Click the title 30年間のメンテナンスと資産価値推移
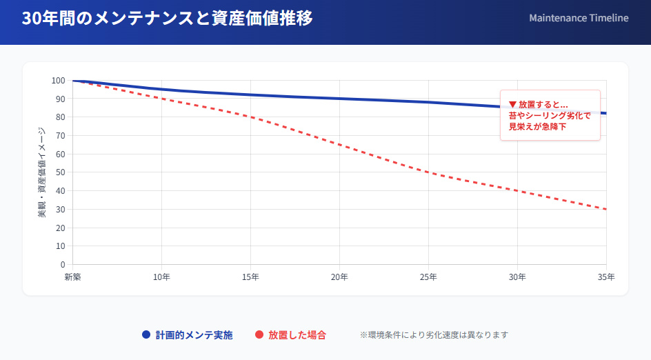(167, 19)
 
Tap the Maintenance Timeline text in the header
(579, 18)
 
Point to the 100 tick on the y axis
(58, 81)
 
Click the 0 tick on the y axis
(62, 264)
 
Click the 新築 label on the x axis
(73, 277)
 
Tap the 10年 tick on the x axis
(161, 277)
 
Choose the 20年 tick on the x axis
(339, 277)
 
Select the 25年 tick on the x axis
(428, 277)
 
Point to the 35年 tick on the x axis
(606, 277)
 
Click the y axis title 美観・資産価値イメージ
(42, 172)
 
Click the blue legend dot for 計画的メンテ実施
(146, 335)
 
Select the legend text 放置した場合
(297, 335)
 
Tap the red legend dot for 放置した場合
(259, 335)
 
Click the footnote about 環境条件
(434, 335)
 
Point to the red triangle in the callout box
(512, 104)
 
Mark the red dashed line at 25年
(428, 172)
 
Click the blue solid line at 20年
(339, 99)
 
